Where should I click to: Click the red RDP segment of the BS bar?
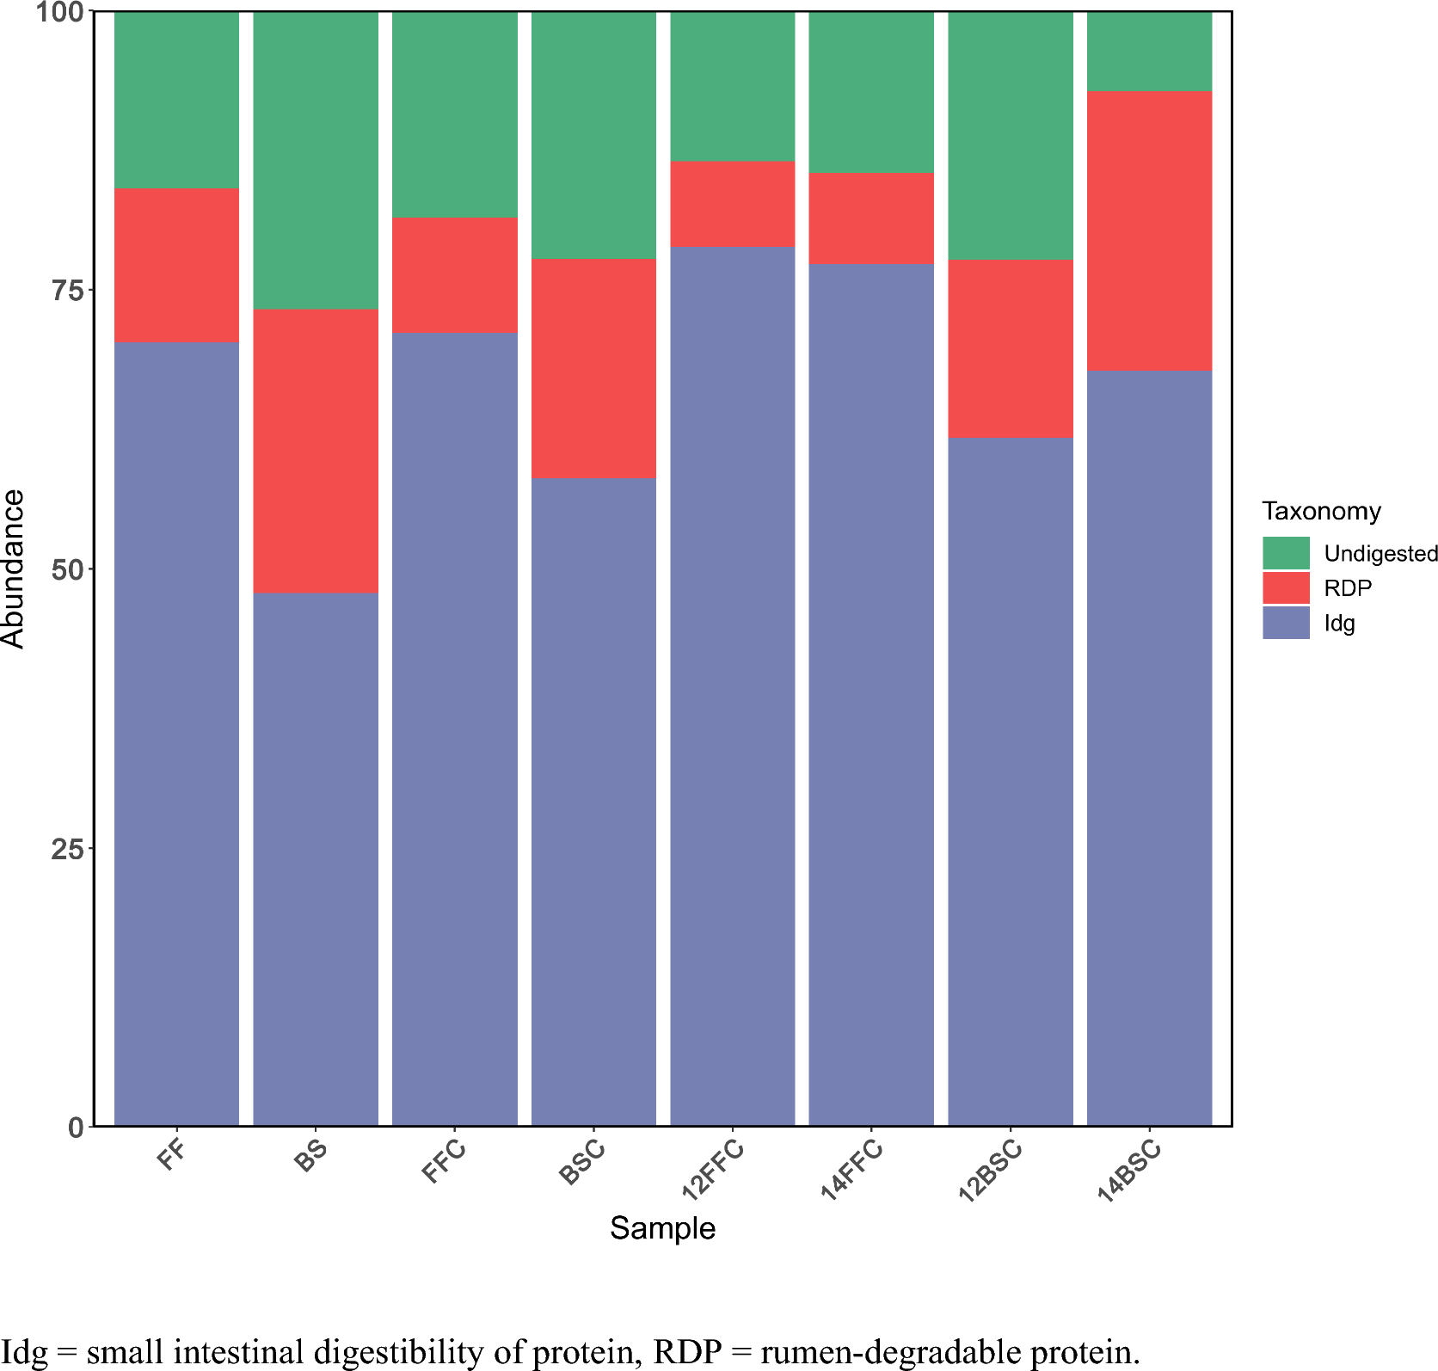(316, 451)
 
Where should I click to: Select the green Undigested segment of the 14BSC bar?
(1149, 51)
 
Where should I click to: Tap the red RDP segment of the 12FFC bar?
(733, 204)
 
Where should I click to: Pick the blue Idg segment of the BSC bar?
(593, 800)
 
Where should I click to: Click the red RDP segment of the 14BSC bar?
(1149, 231)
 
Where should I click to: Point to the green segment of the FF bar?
(176, 100)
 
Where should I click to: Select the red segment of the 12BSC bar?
(1011, 348)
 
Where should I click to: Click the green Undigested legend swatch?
(1286, 553)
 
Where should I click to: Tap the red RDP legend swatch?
(1286, 588)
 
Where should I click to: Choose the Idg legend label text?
(1339, 624)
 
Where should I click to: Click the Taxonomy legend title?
(1321, 511)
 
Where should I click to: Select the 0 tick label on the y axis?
(77, 1127)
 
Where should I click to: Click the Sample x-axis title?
(662, 1228)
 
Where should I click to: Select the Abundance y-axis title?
(14, 568)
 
